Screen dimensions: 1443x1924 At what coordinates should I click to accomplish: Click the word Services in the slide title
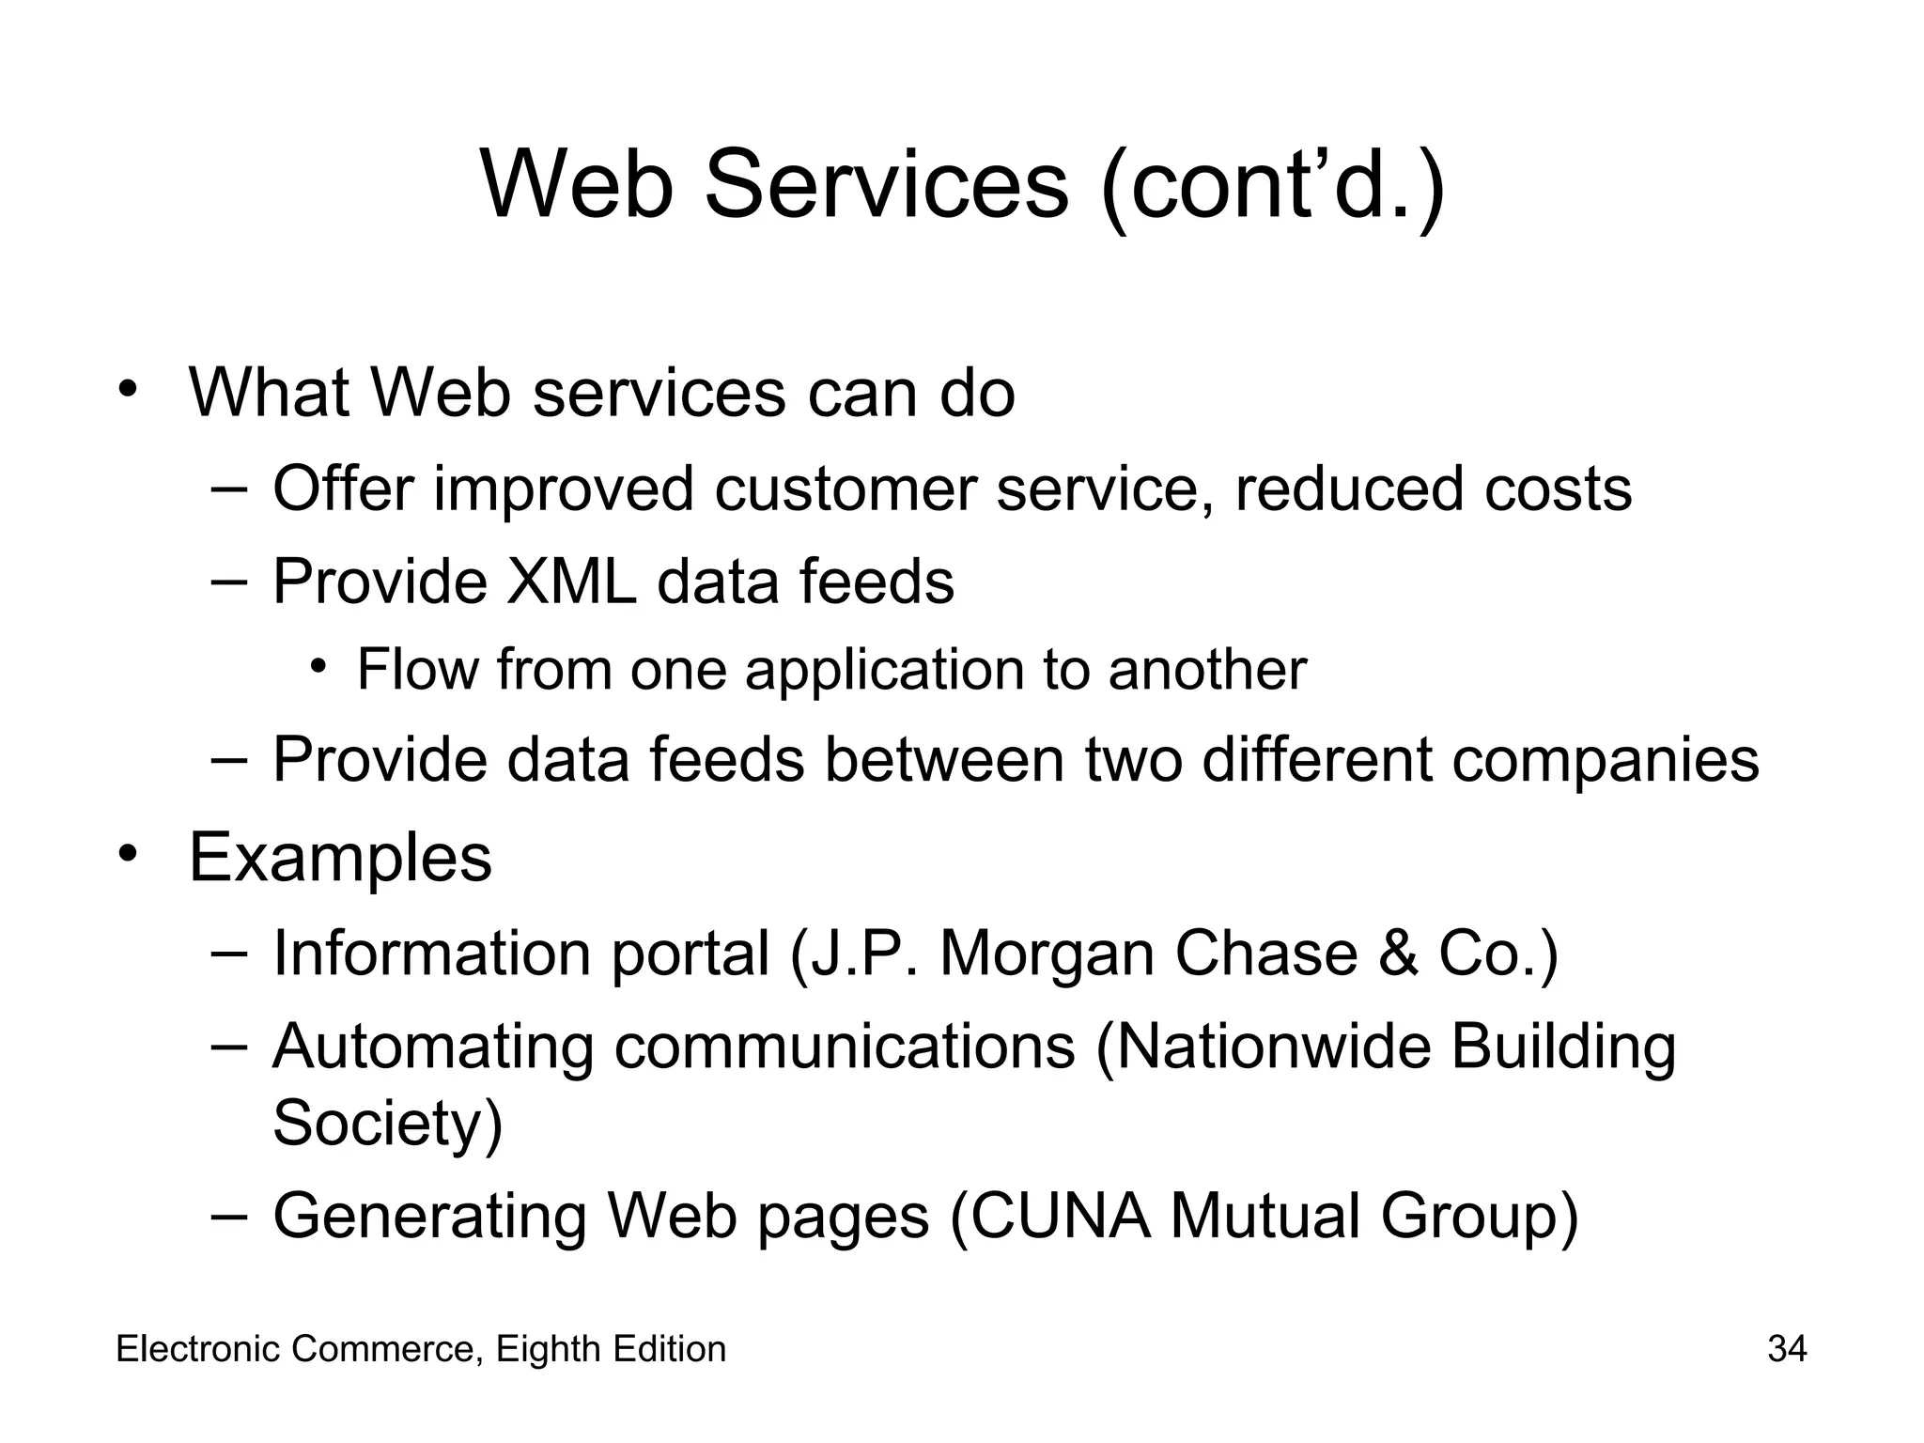tap(886, 185)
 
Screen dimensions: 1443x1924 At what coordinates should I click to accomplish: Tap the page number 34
tap(1787, 1349)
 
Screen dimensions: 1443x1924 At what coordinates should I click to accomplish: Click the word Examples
tap(340, 857)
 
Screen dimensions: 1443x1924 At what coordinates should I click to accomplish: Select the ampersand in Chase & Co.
tap(1397, 954)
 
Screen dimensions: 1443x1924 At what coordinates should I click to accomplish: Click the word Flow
tap(417, 670)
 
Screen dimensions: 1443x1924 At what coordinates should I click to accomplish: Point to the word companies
tap(1605, 759)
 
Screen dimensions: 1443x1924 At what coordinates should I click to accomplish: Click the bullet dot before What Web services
tap(129, 389)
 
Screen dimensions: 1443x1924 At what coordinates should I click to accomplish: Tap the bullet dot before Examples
tap(129, 853)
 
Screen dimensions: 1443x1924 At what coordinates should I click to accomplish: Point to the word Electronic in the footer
tap(198, 1349)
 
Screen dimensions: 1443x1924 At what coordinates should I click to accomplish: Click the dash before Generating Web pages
tap(229, 1215)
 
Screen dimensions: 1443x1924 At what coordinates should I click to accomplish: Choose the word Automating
tap(433, 1047)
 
